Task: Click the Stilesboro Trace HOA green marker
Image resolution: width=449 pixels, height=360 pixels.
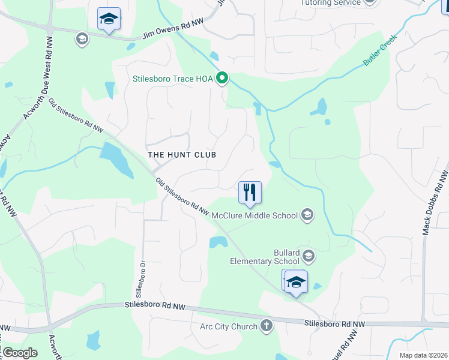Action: coord(222,77)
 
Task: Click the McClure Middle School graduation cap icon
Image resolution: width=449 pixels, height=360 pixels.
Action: coord(307,215)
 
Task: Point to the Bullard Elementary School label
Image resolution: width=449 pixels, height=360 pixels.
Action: coord(265,257)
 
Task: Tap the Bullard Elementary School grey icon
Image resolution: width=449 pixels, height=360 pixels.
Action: coord(309,257)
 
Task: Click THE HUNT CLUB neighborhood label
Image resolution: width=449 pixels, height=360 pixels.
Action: coord(181,154)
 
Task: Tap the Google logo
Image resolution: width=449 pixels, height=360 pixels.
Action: coord(19,353)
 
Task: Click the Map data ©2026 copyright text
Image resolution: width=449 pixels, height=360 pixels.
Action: coord(424,355)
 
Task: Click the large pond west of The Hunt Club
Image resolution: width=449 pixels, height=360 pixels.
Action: coord(116,160)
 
